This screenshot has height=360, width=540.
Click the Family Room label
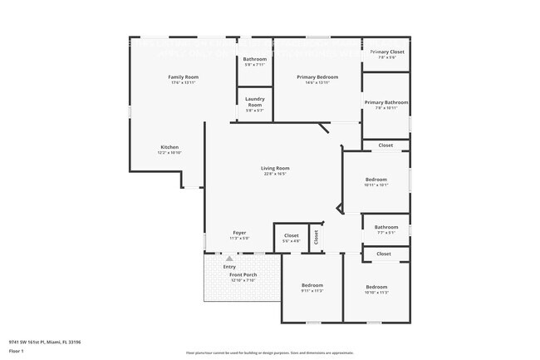pyautogui.click(x=184, y=76)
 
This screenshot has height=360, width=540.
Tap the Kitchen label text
pyautogui.click(x=169, y=147)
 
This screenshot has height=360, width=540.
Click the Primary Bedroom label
pyautogui.click(x=317, y=76)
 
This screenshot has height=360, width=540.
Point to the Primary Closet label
pyautogui.click(x=387, y=52)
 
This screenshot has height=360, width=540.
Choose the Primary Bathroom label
pyautogui.click(x=386, y=102)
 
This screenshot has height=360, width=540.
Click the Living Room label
pyautogui.click(x=275, y=168)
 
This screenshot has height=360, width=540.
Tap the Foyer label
pyautogui.click(x=239, y=232)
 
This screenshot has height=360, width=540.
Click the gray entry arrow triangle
pyautogui.click(x=229, y=259)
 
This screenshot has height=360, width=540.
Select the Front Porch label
pyautogui.click(x=243, y=274)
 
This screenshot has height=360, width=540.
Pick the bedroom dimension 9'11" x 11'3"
pyautogui.click(x=312, y=292)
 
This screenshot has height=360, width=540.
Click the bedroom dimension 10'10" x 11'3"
pyautogui.click(x=376, y=293)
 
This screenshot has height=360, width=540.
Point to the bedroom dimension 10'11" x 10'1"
pyautogui.click(x=376, y=185)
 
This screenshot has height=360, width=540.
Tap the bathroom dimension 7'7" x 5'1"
pyautogui.click(x=386, y=233)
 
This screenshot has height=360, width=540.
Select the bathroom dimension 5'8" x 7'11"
pyautogui.click(x=255, y=65)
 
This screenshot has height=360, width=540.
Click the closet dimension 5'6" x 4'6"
pyautogui.click(x=291, y=241)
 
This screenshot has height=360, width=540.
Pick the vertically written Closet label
pyautogui.click(x=317, y=237)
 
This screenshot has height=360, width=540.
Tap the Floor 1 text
pyautogui.click(x=16, y=351)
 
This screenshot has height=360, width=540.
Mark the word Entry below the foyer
pyautogui.click(x=229, y=267)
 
